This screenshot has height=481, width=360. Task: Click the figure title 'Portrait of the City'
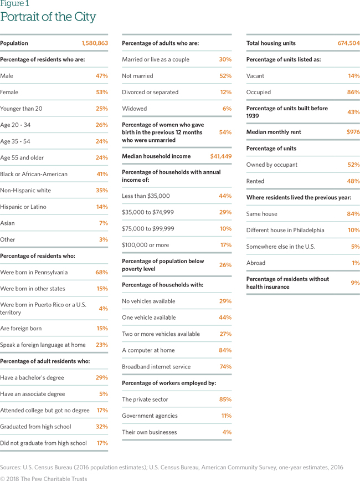(x=48, y=17)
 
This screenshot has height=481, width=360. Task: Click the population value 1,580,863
(x=95, y=43)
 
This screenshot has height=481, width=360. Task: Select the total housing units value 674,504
(x=348, y=43)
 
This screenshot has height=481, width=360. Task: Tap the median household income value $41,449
(x=220, y=156)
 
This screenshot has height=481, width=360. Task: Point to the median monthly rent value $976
(x=353, y=132)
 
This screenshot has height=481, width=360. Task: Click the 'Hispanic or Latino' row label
(x=23, y=207)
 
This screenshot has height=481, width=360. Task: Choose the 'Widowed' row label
(x=135, y=109)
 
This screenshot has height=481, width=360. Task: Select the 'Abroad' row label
(x=256, y=263)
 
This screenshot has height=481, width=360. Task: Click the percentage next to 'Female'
(x=102, y=92)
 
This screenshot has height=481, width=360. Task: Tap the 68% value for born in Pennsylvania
(x=101, y=272)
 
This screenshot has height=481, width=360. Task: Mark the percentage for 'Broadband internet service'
(x=225, y=367)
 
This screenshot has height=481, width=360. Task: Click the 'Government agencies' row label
(x=150, y=416)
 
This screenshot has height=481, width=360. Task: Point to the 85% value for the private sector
(x=225, y=400)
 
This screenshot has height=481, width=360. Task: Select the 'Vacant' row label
(x=255, y=76)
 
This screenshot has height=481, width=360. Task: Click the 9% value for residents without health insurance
(x=355, y=283)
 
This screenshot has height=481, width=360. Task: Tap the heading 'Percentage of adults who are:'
(x=160, y=43)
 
